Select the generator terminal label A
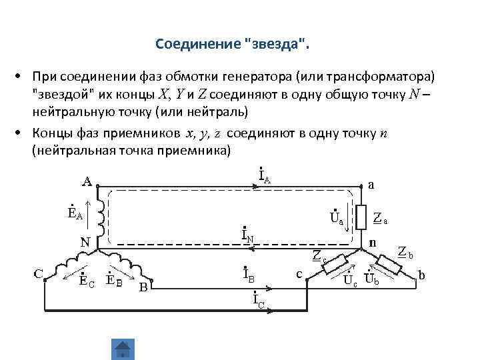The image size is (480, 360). point(87,180)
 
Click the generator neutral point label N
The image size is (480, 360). point(86,242)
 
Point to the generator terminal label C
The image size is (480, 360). point(39,273)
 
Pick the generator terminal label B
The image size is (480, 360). point(143,287)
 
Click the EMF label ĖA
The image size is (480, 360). point(75,213)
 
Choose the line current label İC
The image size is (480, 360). point(260,301)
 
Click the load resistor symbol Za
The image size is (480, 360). point(360,216)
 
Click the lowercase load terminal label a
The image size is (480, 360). point(371,185)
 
